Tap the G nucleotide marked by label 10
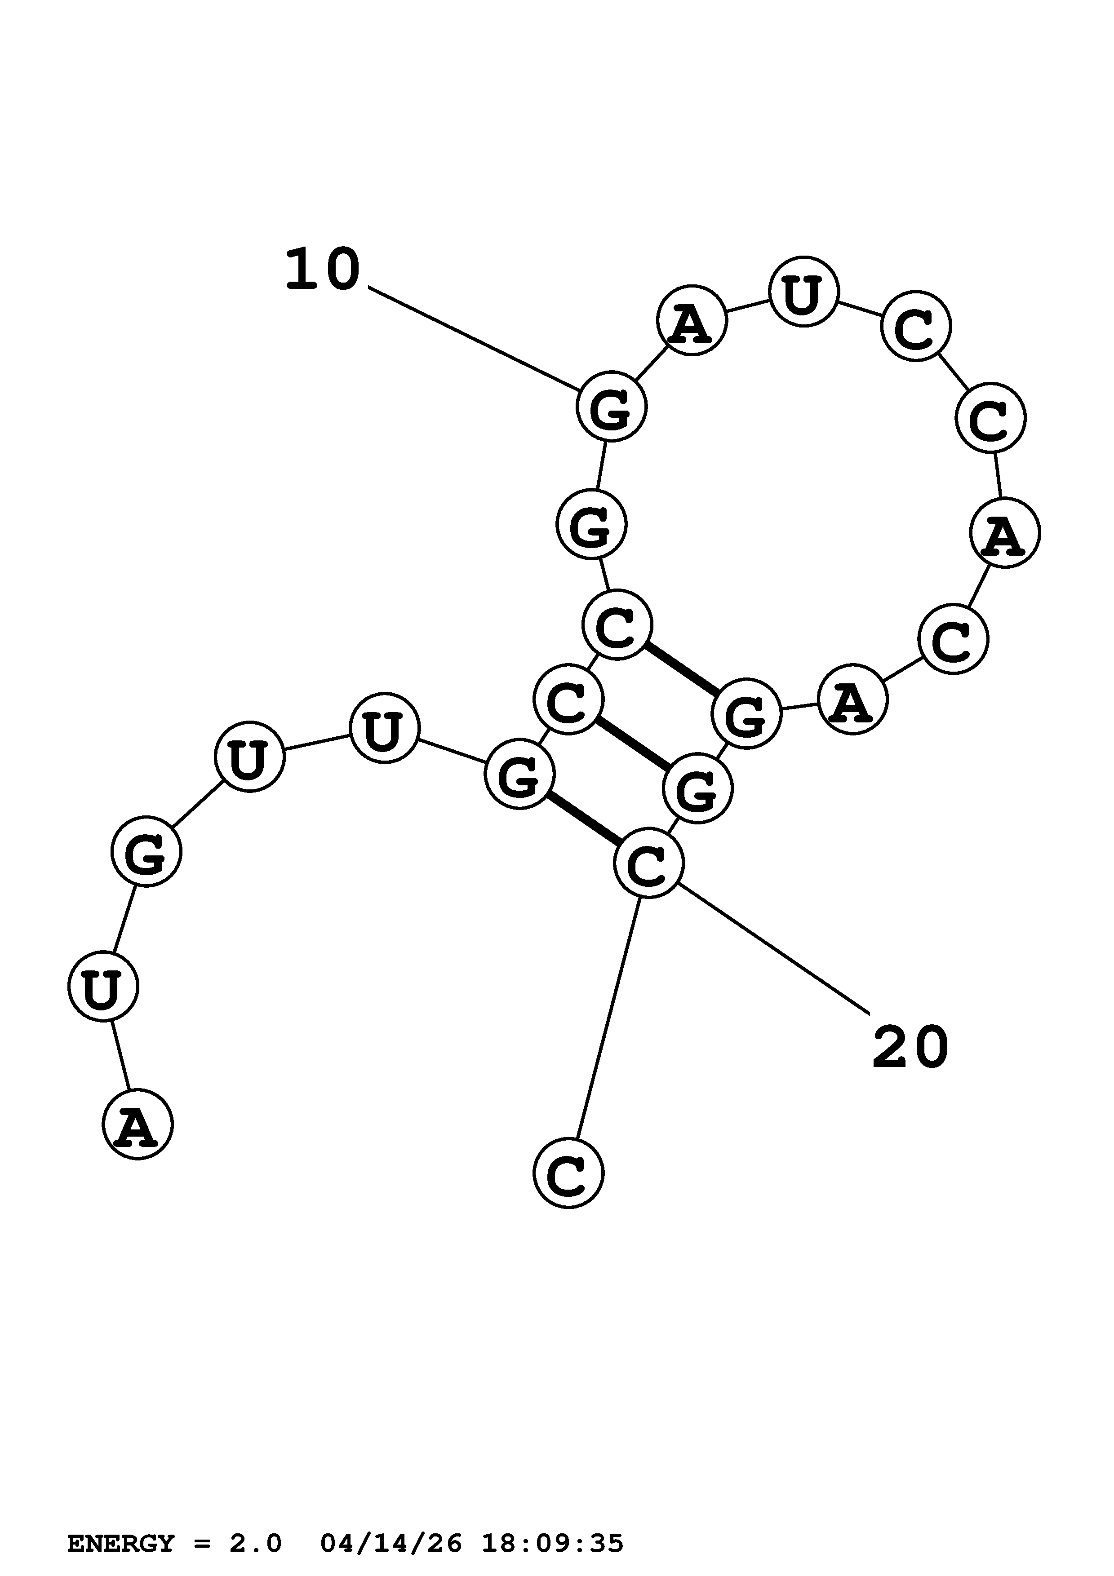(611, 407)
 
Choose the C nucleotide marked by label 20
(648, 863)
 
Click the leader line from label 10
(474, 338)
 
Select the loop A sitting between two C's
(1005, 533)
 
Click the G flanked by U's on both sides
(146, 851)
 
